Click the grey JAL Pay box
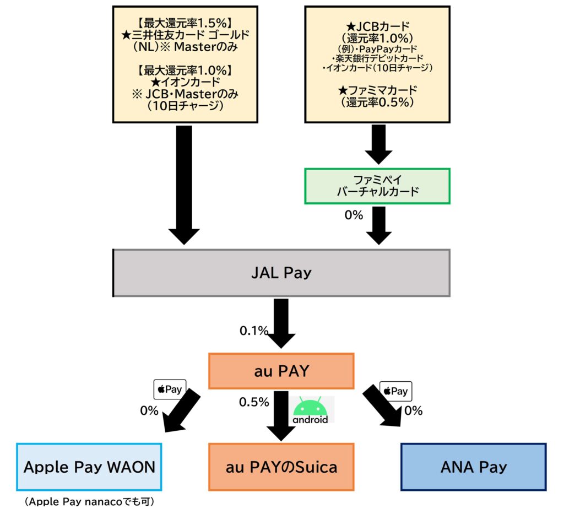pos(281,273)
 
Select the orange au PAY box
pos(281,371)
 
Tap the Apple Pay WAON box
pos(89,467)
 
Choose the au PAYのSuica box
pos(281,467)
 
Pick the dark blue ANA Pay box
pos(473,467)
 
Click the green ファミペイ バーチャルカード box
pos(377,186)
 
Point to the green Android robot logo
pos(310,409)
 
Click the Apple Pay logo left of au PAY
pos(170,389)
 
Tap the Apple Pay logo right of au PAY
pos(395,391)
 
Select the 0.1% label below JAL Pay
pos(253,331)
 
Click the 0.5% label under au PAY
pos(253,402)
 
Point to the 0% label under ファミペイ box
pos(354,215)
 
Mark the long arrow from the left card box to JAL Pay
pos(184,185)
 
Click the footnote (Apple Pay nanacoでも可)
pos(89,502)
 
